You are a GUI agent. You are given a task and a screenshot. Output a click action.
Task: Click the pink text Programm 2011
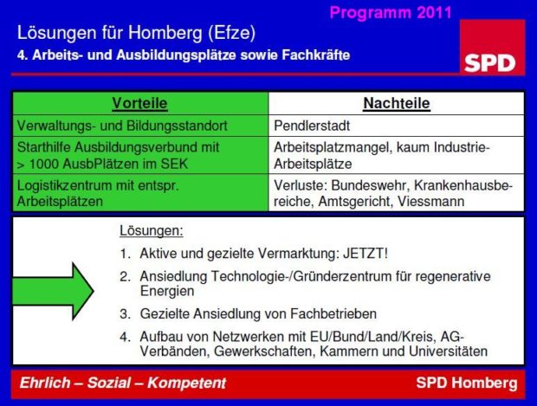point(391,13)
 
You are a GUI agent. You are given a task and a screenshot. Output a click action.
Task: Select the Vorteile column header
point(139,103)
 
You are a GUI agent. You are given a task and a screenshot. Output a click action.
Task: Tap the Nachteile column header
point(397,103)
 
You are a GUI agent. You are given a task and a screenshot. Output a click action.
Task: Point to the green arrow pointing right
point(53,292)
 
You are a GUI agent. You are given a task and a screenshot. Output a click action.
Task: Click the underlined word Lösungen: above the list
point(152,231)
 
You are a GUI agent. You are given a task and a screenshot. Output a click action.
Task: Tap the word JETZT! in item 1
point(366,254)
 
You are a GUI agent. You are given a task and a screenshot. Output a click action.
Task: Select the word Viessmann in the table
point(430,202)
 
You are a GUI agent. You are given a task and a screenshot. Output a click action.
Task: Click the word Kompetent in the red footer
point(186,383)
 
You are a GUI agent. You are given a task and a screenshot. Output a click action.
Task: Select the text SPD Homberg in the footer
point(467,383)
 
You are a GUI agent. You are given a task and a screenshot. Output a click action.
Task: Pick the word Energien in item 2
point(167,292)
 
